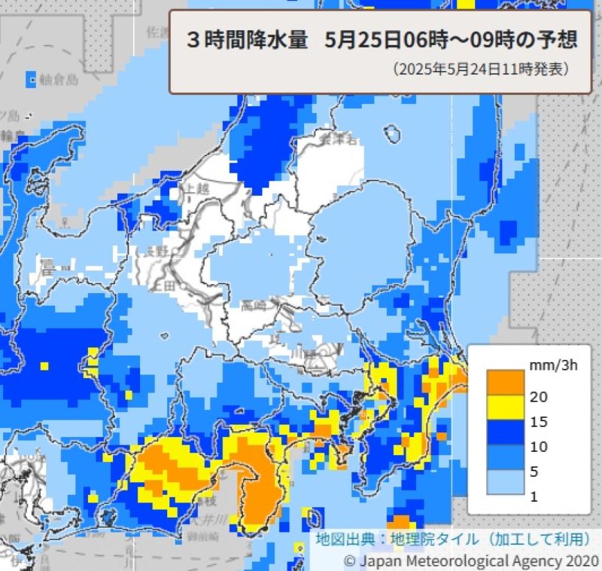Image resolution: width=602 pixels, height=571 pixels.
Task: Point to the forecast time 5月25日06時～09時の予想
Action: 452,40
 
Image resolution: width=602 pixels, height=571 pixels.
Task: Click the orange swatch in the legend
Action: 504,382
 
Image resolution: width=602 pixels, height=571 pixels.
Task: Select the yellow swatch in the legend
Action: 504,408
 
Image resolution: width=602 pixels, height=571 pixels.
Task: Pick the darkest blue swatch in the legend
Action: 504,433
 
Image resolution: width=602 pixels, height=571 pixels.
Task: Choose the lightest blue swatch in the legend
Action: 504,483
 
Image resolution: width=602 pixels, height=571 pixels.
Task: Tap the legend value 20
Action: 539,396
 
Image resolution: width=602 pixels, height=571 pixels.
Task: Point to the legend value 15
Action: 539,421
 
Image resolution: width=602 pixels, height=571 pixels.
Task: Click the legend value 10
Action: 539,446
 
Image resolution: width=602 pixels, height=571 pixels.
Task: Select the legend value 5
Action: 535,472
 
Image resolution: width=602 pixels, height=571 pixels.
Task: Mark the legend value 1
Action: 535,496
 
